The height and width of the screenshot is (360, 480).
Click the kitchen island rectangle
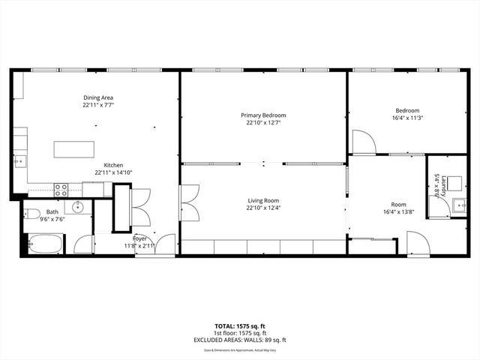(x=73, y=148)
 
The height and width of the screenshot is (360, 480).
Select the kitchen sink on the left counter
(x=19, y=160)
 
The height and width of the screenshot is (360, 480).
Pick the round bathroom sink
(x=77, y=207)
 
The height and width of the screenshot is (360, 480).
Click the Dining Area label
(x=98, y=97)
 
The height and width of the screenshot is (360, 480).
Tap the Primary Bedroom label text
(x=263, y=115)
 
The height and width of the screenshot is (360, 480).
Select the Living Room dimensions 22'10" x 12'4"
(x=263, y=208)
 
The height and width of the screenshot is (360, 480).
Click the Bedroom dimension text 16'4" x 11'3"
(x=407, y=118)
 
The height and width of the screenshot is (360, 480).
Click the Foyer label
(x=139, y=238)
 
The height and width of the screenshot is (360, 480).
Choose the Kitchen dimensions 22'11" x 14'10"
(x=113, y=172)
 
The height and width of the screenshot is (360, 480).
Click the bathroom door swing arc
(x=82, y=225)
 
